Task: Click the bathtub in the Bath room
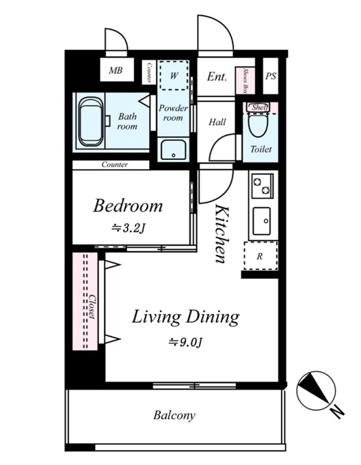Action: (x=91, y=122)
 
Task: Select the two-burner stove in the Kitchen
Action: (x=263, y=186)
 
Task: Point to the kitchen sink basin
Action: (x=262, y=221)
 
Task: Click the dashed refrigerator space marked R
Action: (x=260, y=256)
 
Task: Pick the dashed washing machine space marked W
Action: (x=174, y=75)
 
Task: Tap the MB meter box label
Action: (x=116, y=70)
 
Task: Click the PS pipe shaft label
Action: (x=271, y=76)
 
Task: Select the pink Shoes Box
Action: (x=245, y=81)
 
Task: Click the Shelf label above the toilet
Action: (x=260, y=107)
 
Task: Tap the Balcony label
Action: (x=174, y=415)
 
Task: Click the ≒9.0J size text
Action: (x=185, y=343)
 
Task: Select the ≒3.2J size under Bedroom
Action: (x=128, y=228)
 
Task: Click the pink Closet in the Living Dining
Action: (x=85, y=301)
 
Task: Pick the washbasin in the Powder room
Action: (x=174, y=150)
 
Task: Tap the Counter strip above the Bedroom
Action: (x=111, y=165)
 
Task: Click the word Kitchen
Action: (x=222, y=233)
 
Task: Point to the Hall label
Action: (x=217, y=122)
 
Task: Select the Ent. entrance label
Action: (x=217, y=77)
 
